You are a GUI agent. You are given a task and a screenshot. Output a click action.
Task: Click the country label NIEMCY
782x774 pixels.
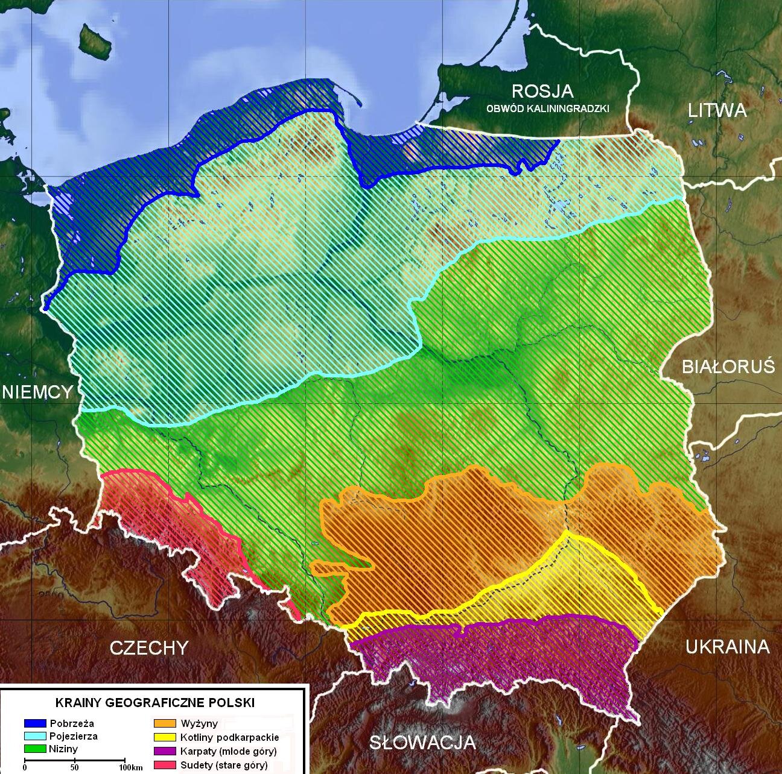point(37,391)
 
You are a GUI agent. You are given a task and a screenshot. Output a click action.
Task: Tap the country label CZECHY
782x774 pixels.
point(148,647)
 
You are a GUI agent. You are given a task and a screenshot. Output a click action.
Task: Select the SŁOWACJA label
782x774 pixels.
point(422,742)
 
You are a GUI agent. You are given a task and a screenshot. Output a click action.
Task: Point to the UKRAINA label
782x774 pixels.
point(727,647)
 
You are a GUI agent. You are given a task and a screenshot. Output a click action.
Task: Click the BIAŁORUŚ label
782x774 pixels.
point(728,367)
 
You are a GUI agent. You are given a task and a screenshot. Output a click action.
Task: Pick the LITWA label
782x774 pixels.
point(717,110)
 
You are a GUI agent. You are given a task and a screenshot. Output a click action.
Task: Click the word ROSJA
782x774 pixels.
point(542,92)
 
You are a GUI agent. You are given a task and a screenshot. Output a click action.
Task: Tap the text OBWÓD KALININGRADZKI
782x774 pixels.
point(548,109)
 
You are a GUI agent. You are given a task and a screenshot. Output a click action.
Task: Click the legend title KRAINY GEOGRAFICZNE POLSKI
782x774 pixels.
point(155,703)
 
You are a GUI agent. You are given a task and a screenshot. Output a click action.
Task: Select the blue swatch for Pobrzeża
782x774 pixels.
point(35,723)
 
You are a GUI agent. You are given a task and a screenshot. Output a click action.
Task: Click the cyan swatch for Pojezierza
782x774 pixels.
point(35,736)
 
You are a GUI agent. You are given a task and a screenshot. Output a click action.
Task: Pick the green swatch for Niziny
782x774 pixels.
point(35,749)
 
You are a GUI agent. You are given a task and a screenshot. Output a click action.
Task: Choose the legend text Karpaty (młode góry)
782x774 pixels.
point(228,752)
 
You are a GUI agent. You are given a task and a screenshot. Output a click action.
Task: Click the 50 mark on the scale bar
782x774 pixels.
point(74,767)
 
